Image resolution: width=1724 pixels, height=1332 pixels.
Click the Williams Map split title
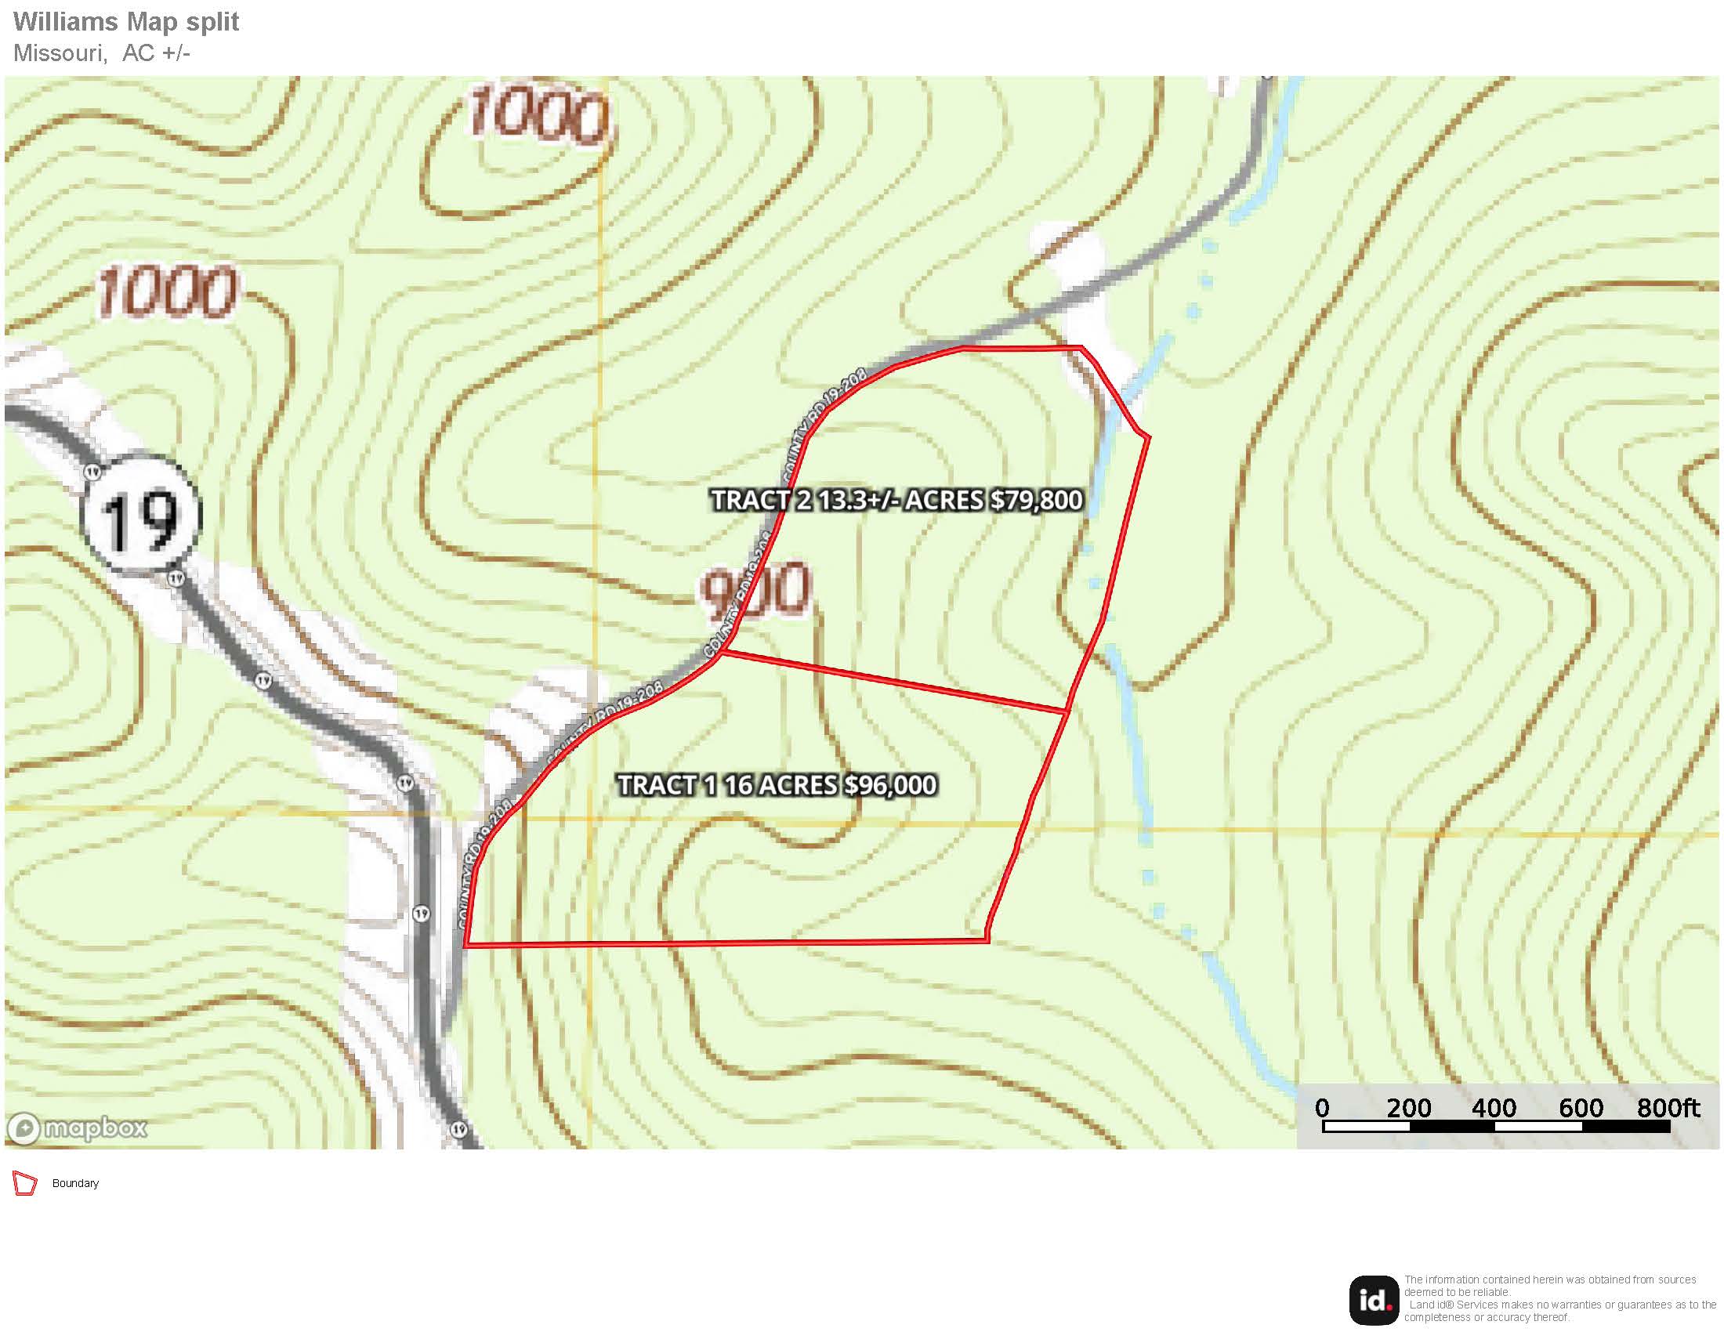[126, 21]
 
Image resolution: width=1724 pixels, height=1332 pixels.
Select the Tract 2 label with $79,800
[896, 501]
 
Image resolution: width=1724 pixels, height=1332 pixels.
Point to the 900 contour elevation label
[756, 590]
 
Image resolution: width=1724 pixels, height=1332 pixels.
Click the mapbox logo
[78, 1127]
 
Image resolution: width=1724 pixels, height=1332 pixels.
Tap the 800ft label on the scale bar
[1668, 1108]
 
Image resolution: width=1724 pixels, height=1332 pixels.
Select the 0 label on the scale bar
[1322, 1108]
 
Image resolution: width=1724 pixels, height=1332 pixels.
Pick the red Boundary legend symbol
[25, 1184]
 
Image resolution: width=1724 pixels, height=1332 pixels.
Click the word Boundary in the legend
[75, 1184]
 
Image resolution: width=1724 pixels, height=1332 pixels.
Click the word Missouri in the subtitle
[60, 52]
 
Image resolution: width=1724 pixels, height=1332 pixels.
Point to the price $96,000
[890, 785]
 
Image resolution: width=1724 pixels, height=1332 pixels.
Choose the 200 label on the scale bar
[1409, 1108]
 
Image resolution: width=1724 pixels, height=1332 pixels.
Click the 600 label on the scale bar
[1581, 1108]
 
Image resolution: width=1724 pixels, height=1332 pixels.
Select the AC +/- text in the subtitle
[156, 52]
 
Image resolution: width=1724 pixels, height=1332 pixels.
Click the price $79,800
[1037, 501]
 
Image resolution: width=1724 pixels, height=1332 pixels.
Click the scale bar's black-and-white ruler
[1496, 1127]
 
